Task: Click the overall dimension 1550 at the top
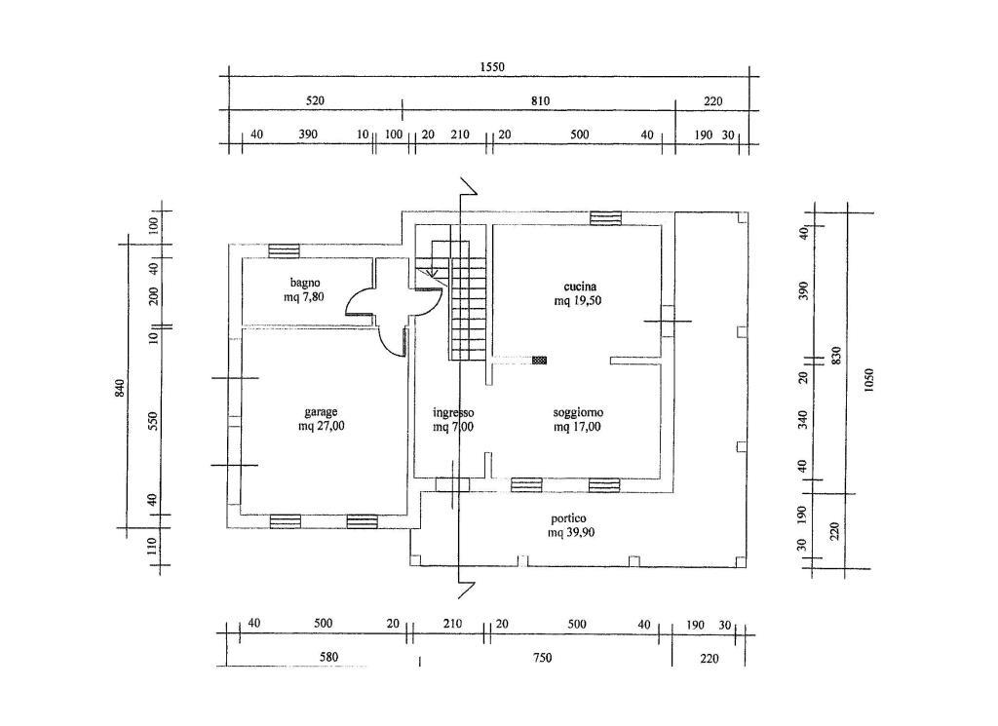tap(492, 67)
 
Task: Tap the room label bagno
tap(305, 283)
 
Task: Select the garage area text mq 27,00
tap(322, 426)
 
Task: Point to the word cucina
tap(580, 287)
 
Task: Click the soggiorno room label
tap(578, 413)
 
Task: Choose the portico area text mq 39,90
tap(571, 533)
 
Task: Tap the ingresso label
tap(453, 413)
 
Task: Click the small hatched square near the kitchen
tap(539, 361)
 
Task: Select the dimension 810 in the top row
tap(540, 100)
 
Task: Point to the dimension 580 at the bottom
tap(328, 657)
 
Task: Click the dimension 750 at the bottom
tap(542, 657)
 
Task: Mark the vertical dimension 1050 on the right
tap(869, 380)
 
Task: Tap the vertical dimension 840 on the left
tap(120, 389)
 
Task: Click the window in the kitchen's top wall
tap(604, 217)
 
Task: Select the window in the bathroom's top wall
tap(284, 250)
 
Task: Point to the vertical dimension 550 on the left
tap(153, 421)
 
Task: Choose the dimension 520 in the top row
tap(315, 100)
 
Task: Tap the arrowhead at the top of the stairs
tap(432, 272)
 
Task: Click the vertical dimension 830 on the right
tap(836, 355)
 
